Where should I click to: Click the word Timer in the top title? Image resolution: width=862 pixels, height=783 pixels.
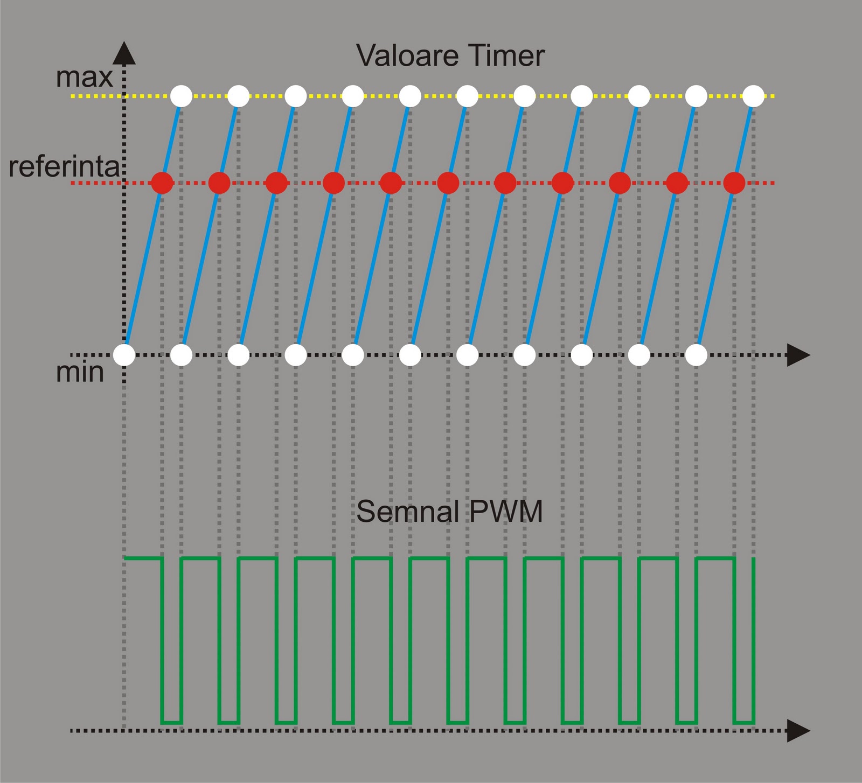tap(506, 55)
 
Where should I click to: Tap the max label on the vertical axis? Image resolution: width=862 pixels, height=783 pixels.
tap(85, 78)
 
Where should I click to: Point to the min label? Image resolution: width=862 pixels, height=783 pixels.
tap(80, 372)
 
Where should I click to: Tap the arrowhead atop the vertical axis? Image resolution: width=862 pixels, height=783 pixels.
tap(124, 53)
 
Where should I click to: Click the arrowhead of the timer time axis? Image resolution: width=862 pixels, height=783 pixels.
tap(798, 355)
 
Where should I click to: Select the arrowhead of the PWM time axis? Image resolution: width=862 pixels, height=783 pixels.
tap(798, 731)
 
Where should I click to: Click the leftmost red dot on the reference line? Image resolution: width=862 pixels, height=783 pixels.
tap(162, 183)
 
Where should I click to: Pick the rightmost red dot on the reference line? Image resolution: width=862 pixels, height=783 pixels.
tap(734, 183)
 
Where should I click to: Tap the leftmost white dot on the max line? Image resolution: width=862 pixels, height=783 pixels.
tap(182, 96)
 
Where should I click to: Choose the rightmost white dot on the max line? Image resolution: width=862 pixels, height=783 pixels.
tap(754, 96)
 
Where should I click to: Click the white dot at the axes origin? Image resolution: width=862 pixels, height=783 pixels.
tap(124, 355)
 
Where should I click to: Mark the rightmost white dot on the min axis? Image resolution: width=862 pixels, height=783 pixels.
tap(697, 355)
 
